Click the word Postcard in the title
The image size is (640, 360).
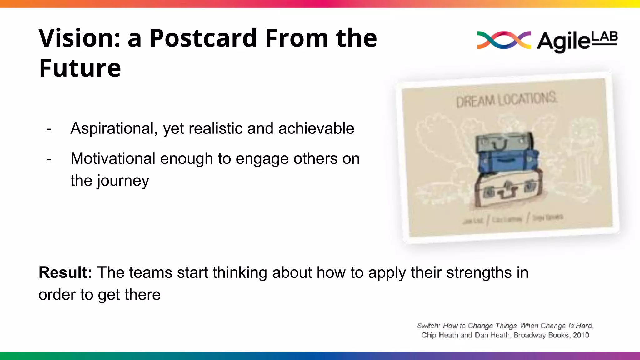[203, 38]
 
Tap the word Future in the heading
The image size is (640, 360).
[80, 68]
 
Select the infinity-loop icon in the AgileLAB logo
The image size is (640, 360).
[503, 40]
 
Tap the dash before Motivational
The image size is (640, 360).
[49, 159]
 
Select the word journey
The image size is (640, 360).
[123, 181]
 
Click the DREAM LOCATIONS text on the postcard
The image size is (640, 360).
[506, 100]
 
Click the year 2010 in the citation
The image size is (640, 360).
[581, 335]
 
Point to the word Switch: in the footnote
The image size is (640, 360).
[428, 326]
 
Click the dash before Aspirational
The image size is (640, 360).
[49, 129]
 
